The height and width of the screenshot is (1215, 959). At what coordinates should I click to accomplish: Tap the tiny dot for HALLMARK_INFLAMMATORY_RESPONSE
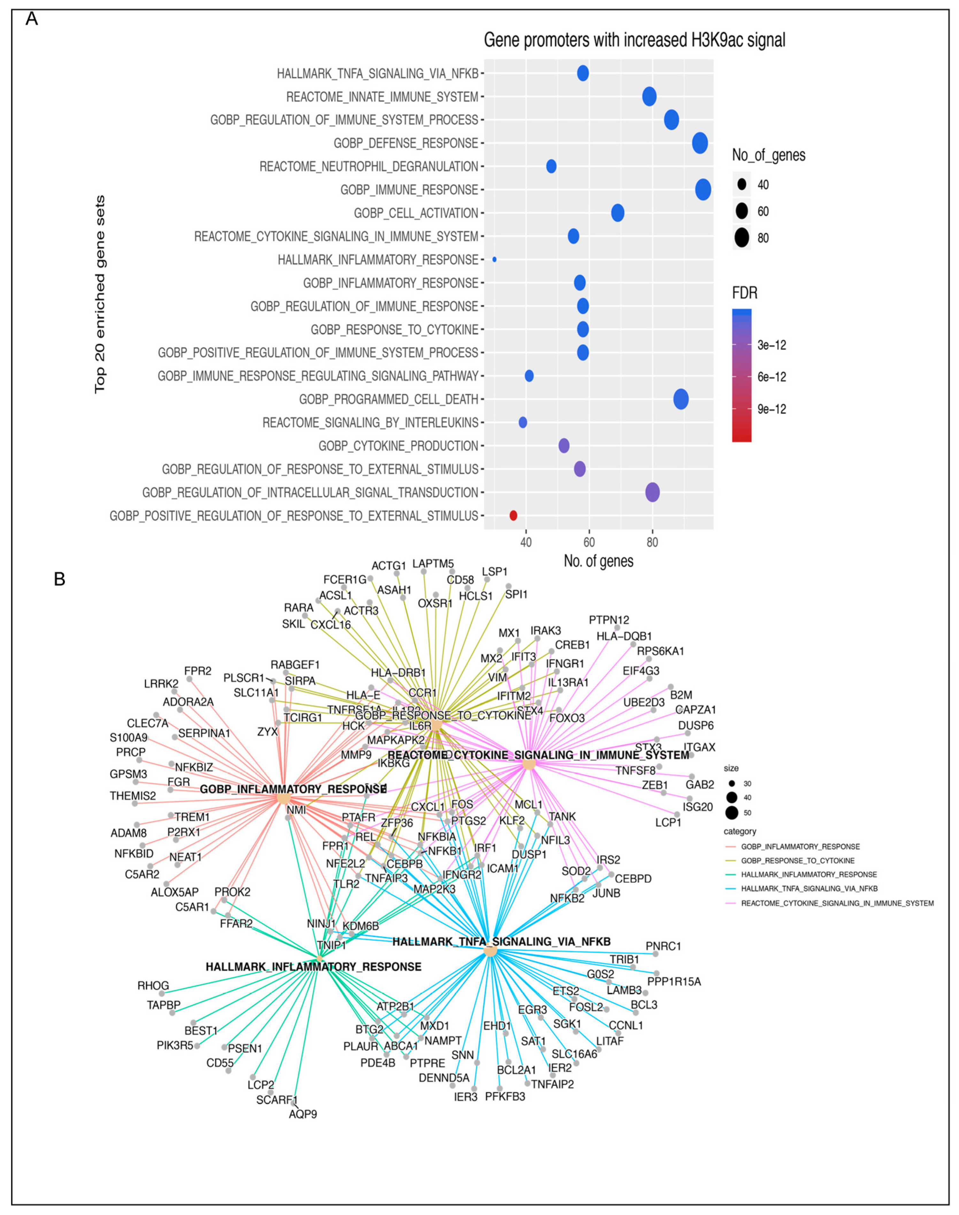pos(494,259)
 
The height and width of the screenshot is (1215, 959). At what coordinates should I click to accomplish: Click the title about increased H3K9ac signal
pos(634,41)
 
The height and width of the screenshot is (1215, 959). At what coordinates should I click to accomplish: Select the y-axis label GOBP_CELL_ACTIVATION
pos(416,213)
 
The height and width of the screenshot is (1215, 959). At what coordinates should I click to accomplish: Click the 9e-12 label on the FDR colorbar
pos(771,409)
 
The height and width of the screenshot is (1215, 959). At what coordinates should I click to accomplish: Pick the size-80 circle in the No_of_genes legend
pos(742,238)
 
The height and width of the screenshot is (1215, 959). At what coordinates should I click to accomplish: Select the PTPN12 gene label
pos(609,620)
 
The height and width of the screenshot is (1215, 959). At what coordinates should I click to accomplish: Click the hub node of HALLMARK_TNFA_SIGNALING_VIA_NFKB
pos(490,951)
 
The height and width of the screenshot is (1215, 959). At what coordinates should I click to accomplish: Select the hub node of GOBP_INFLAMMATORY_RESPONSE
pos(284,798)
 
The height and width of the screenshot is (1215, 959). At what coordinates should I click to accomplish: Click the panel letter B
pos(59,579)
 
